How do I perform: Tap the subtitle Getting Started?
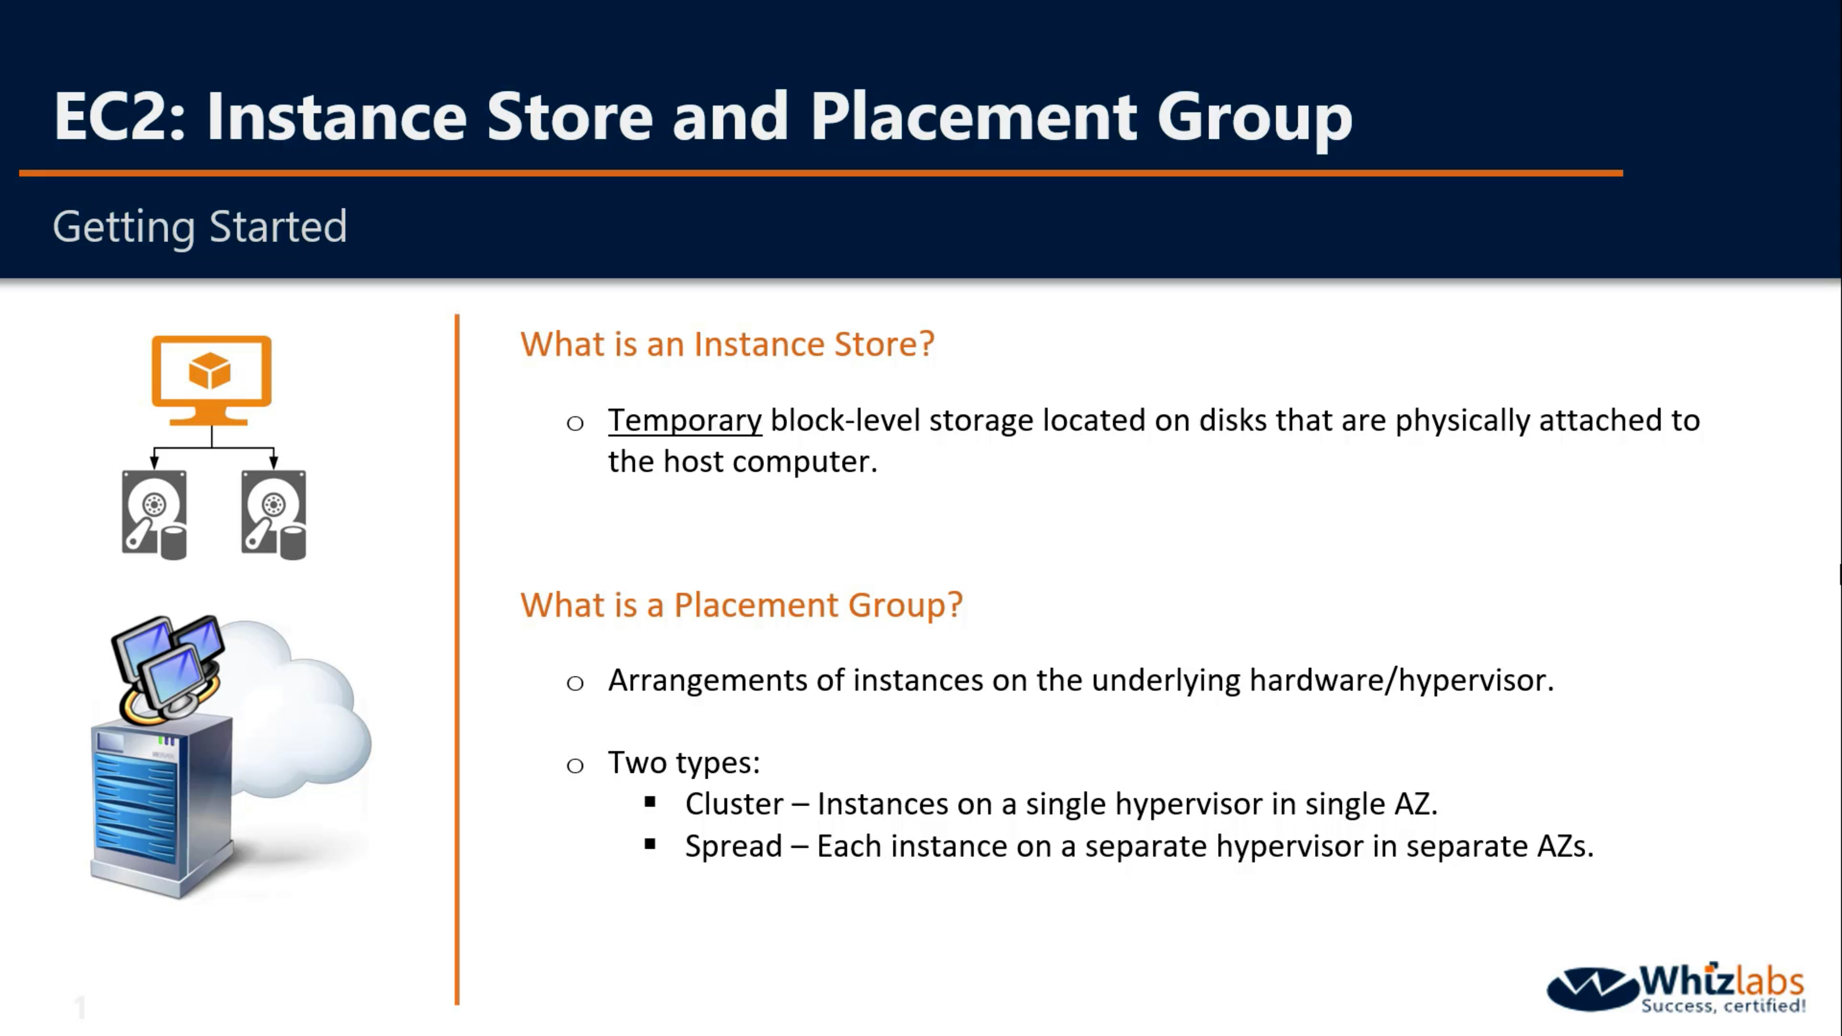(x=200, y=227)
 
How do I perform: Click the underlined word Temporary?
(x=685, y=421)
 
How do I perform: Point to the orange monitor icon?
(x=212, y=380)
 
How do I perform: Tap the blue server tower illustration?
(x=162, y=804)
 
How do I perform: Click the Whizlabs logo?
(x=1676, y=989)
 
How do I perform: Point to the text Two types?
(x=684, y=763)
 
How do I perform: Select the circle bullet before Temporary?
(x=575, y=423)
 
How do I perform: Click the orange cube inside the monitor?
(x=210, y=370)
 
